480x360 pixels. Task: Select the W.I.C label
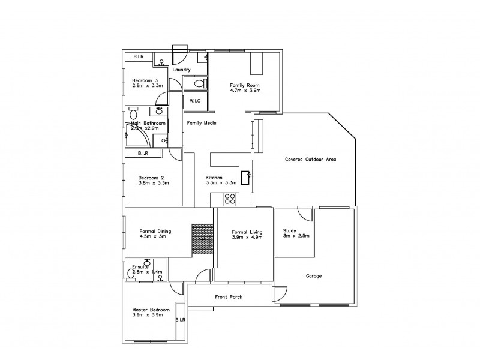pos(195,100)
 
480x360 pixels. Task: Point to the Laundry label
pos(181,70)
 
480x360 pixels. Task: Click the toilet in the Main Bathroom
pos(133,114)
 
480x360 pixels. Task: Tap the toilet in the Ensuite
pos(131,274)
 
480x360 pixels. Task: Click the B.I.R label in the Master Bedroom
pos(181,320)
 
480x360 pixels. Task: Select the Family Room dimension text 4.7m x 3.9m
pos(245,92)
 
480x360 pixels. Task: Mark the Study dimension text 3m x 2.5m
pos(296,236)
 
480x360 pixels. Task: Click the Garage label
pos(314,276)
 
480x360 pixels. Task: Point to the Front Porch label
pos(229,296)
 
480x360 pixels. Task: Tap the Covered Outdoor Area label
pos(310,160)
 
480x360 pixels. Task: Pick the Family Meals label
pos(201,123)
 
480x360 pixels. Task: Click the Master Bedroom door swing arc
pos(176,288)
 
